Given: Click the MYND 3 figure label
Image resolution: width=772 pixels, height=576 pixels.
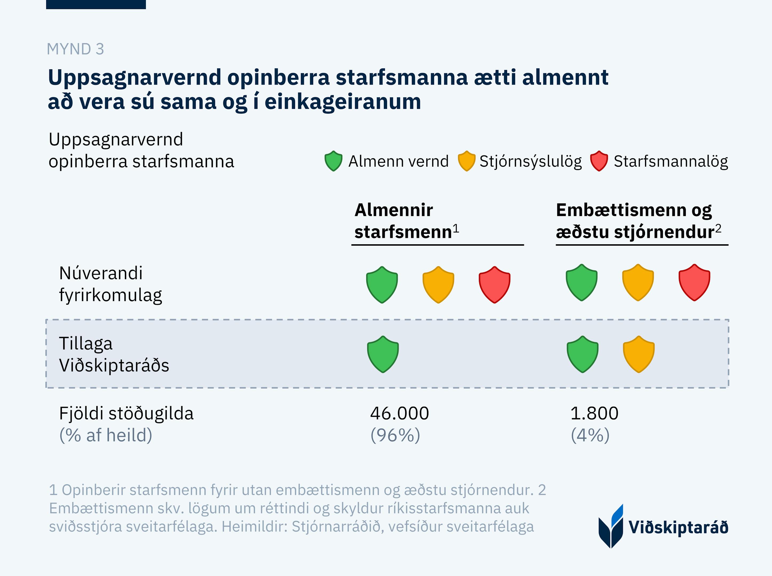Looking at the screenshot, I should click(x=75, y=49).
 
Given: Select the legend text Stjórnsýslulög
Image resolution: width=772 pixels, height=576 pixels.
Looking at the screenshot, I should click(x=530, y=161).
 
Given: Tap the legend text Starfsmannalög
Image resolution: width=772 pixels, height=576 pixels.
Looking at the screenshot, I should click(x=671, y=161).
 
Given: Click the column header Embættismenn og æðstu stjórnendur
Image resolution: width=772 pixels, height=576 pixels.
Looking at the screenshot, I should click(x=638, y=221).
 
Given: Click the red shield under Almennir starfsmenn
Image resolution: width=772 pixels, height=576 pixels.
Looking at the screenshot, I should click(x=495, y=285).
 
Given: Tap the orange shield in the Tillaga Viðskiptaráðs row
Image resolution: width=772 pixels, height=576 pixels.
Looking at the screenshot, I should click(x=638, y=354).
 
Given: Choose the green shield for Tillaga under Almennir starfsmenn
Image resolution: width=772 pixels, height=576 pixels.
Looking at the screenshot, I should click(x=383, y=354).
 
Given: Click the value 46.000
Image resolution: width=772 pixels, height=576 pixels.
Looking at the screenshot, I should click(x=399, y=414).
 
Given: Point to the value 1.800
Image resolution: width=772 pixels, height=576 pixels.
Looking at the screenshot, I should click(x=594, y=414).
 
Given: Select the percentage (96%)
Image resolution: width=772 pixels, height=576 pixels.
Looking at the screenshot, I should click(x=395, y=435).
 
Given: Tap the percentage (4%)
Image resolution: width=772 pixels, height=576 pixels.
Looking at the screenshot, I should click(x=590, y=435).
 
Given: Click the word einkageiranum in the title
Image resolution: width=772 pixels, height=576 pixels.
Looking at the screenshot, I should click(x=343, y=102).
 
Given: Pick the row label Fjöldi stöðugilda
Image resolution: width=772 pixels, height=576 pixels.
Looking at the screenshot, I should click(x=126, y=414).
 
